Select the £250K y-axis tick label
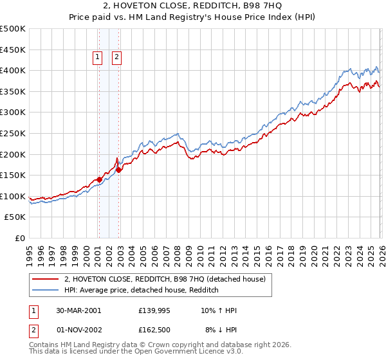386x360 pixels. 13,133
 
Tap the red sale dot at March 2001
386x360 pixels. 99,179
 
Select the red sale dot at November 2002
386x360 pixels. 118,170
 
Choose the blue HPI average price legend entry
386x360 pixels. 142,290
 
